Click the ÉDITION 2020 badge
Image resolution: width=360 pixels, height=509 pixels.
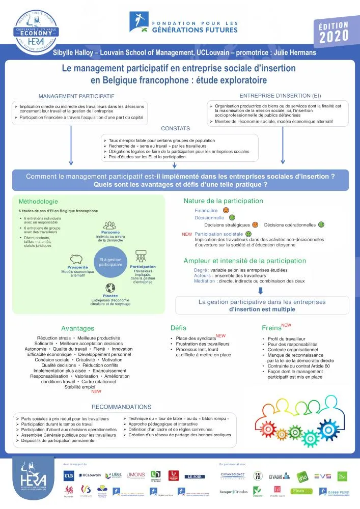(334, 32)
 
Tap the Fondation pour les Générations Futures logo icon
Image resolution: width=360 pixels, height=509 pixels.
(137, 21)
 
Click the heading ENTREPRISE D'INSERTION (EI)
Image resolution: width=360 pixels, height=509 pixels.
(280, 95)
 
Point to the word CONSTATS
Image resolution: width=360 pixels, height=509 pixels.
(175, 129)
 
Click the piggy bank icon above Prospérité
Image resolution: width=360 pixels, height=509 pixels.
(77, 259)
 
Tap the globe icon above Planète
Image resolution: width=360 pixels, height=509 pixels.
(110, 288)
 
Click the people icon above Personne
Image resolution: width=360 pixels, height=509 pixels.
(110, 225)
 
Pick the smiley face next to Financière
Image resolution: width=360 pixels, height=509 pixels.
(226, 210)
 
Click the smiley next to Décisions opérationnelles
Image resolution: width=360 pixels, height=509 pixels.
(321, 224)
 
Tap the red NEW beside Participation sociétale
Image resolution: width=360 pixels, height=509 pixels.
(187, 234)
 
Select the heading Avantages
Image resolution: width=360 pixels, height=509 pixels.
(77, 328)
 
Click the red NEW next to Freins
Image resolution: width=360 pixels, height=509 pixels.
(286, 325)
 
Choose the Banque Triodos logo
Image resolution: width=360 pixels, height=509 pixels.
(233, 492)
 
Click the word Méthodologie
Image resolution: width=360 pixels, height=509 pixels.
(38, 202)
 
